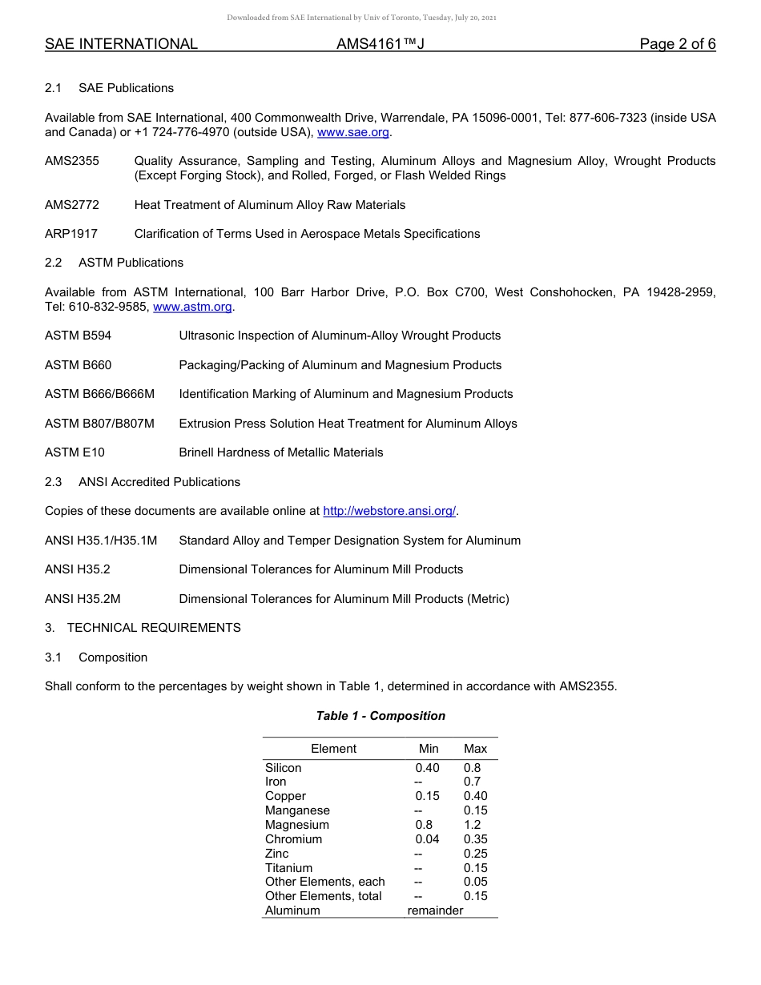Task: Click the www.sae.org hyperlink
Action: (x=353, y=132)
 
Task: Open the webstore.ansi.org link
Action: (x=389, y=511)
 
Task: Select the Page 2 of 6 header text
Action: (x=677, y=44)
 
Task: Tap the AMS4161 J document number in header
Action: (x=380, y=44)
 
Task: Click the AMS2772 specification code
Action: (x=72, y=205)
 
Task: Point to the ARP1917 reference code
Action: (x=72, y=234)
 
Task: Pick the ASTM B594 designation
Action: (x=79, y=336)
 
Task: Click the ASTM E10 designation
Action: (x=74, y=452)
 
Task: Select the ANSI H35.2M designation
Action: (x=83, y=599)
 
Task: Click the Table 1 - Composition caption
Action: (x=380, y=716)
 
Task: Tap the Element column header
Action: (x=333, y=749)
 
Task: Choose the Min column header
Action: (x=429, y=749)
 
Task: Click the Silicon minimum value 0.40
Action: (x=427, y=768)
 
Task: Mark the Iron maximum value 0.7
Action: (x=472, y=782)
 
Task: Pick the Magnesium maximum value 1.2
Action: (x=472, y=825)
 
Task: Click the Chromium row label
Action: (x=293, y=839)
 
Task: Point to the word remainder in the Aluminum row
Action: (x=435, y=911)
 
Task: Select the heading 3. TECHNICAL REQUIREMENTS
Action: (x=143, y=628)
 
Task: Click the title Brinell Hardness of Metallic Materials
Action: (x=280, y=452)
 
